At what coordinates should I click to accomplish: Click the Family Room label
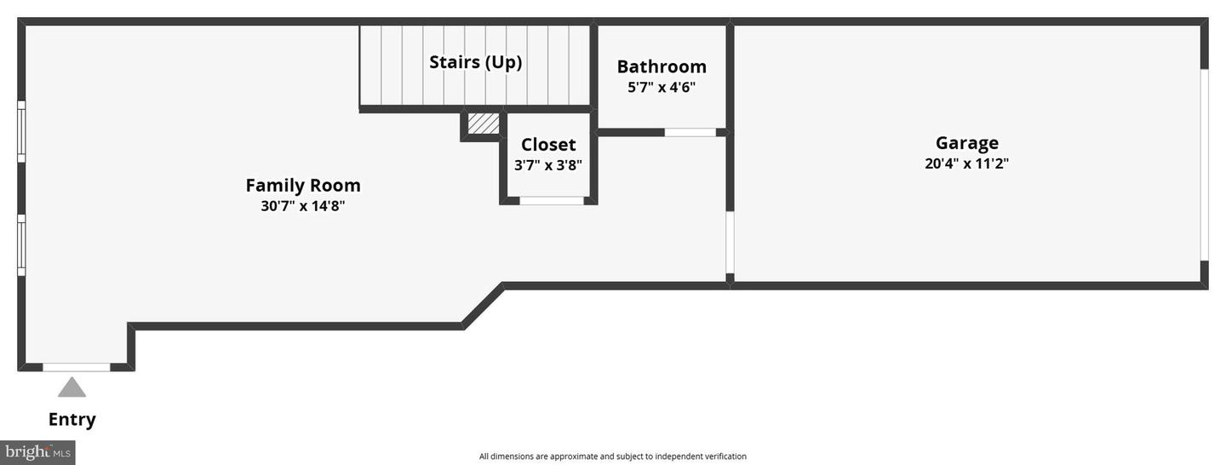click(303, 185)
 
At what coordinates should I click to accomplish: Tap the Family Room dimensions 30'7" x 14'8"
click(303, 206)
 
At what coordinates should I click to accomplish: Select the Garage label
click(966, 143)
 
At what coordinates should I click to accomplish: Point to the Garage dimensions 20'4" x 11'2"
click(966, 164)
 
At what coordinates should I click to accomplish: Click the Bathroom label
click(662, 66)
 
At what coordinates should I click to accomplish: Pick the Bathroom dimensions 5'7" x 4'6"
click(662, 87)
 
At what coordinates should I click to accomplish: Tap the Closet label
click(548, 145)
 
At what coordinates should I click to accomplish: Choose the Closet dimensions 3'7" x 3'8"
click(548, 165)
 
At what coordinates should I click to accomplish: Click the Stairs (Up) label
click(475, 62)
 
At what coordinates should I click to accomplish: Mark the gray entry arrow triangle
click(72, 387)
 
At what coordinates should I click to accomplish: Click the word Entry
click(72, 419)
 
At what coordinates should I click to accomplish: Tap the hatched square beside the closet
click(484, 123)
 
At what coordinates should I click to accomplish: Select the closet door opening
click(552, 201)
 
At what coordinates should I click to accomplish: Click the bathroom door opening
click(690, 133)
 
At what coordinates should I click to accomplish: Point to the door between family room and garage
click(730, 243)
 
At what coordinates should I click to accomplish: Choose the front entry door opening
click(77, 367)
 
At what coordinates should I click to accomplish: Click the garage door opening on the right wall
click(1204, 164)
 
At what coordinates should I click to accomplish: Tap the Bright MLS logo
click(37, 452)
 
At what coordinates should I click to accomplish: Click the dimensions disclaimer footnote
click(612, 456)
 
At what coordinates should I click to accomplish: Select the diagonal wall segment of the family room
click(484, 305)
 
